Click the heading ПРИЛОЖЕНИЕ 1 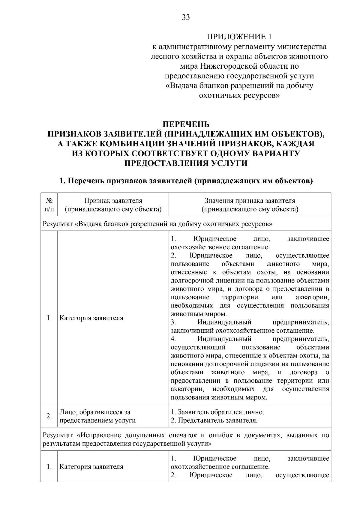(x=239, y=37)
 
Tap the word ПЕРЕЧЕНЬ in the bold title (x=186, y=124)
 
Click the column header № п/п (x=49, y=205)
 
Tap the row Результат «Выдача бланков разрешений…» (x=157, y=224)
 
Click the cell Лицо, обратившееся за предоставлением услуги (x=97, y=416)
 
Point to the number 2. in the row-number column (x=49, y=416)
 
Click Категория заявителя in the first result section (x=91, y=318)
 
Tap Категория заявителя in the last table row (x=91, y=467)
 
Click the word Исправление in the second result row (x=103, y=435)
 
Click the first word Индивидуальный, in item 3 (x=224, y=322)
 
